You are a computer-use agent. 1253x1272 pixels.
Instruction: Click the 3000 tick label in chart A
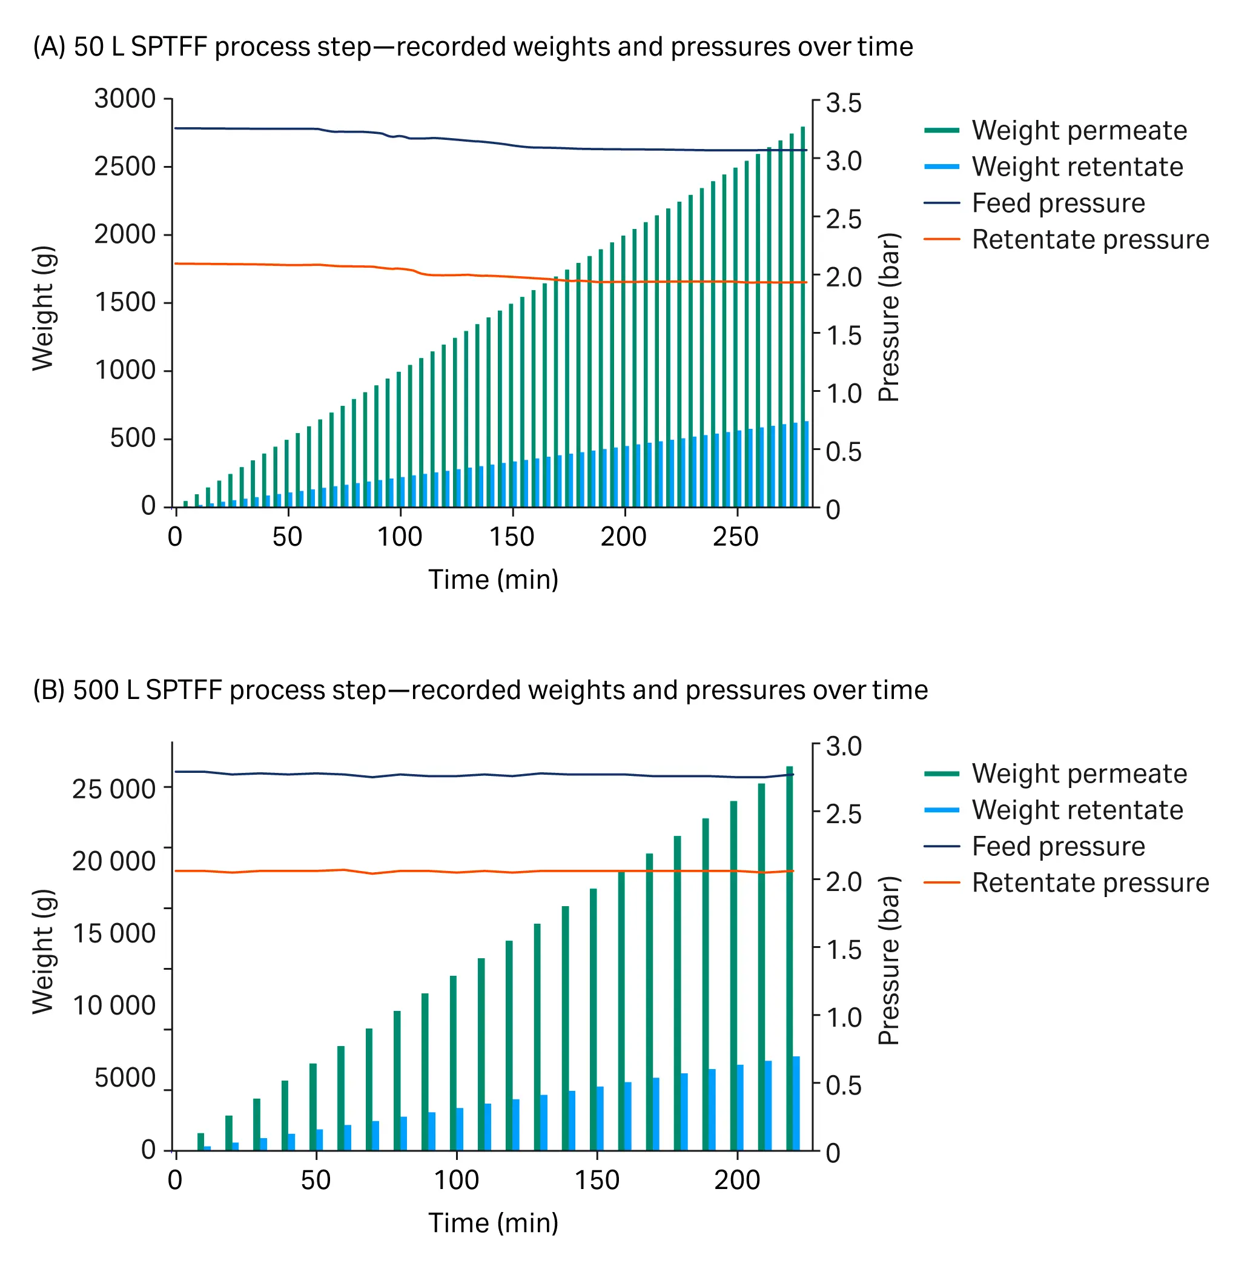click(x=124, y=99)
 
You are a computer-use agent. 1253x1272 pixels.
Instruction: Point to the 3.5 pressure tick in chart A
click(x=843, y=104)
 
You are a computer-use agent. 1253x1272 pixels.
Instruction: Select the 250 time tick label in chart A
click(x=735, y=537)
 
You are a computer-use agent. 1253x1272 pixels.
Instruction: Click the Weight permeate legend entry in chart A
click(x=1079, y=130)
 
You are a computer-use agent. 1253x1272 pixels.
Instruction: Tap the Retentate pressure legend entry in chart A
click(x=1090, y=239)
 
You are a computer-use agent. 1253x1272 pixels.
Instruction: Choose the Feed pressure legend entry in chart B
click(x=1057, y=846)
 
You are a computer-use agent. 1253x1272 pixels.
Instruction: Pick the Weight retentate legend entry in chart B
click(x=1077, y=810)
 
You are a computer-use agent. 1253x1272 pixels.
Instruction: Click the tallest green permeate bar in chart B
click(x=790, y=961)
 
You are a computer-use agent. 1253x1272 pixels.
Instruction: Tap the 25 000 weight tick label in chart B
click(x=113, y=789)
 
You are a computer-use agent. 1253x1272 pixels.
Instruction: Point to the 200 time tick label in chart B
click(x=737, y=1181)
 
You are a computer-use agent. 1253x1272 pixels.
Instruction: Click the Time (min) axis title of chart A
click(x=493, y=580)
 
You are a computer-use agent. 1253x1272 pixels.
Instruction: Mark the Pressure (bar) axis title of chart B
click(x=889, y=961)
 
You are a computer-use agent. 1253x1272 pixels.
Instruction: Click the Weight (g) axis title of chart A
click(x=44, y=308)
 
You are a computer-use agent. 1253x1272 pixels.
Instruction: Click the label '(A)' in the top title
click(x=49, y=47)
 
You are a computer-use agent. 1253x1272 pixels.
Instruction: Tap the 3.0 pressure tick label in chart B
click(x=843, y=747)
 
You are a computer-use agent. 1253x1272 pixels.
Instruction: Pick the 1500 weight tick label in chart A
click(x=125, y=303)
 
